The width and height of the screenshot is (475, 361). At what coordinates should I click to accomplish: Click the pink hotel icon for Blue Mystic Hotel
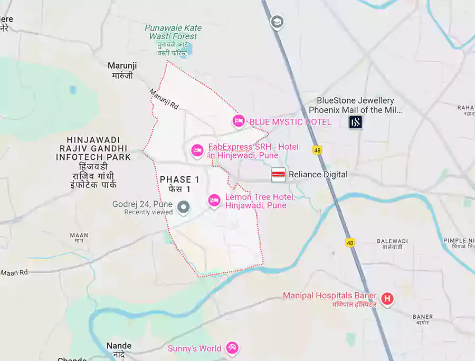(x=239, y=121)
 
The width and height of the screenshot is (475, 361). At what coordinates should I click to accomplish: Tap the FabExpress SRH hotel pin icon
(x=197, y=150)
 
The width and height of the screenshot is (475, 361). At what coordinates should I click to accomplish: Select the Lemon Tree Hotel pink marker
(x=214, y=201)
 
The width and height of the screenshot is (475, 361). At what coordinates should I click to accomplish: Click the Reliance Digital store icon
(x=278, y=175)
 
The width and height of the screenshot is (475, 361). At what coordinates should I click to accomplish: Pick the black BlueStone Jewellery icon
(x=356, y=122)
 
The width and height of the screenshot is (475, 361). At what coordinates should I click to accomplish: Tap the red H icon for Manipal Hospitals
(x=387, y=299)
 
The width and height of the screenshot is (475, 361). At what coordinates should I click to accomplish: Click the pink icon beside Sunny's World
(x=232, y=348)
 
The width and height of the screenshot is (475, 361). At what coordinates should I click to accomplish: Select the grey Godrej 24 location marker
(x=184, y=207)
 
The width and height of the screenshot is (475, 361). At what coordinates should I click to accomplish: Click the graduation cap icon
(x=277, y=22)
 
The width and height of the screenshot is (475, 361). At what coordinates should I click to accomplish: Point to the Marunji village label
(x=122, y=65)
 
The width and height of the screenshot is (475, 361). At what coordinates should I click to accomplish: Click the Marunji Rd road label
(x=164, y=99)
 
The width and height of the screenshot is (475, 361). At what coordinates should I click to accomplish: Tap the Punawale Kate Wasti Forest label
(x=173, y=32)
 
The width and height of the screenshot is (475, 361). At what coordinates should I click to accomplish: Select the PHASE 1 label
(x=179, y=180)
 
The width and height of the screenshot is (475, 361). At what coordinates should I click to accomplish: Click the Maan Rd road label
(x=14, y=272)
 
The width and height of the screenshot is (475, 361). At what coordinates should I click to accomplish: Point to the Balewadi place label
(x=392, y=241)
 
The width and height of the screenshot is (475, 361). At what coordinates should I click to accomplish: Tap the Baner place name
(x=422, y=317)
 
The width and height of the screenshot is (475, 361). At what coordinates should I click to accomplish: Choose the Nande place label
(x=119, y=346)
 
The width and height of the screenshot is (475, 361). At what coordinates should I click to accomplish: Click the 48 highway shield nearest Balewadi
(x=350, y=242)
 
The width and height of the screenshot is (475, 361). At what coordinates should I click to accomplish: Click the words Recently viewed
(x=148, y=212)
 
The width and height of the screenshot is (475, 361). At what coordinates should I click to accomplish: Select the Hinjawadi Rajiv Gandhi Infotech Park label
(x=94, y=148)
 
